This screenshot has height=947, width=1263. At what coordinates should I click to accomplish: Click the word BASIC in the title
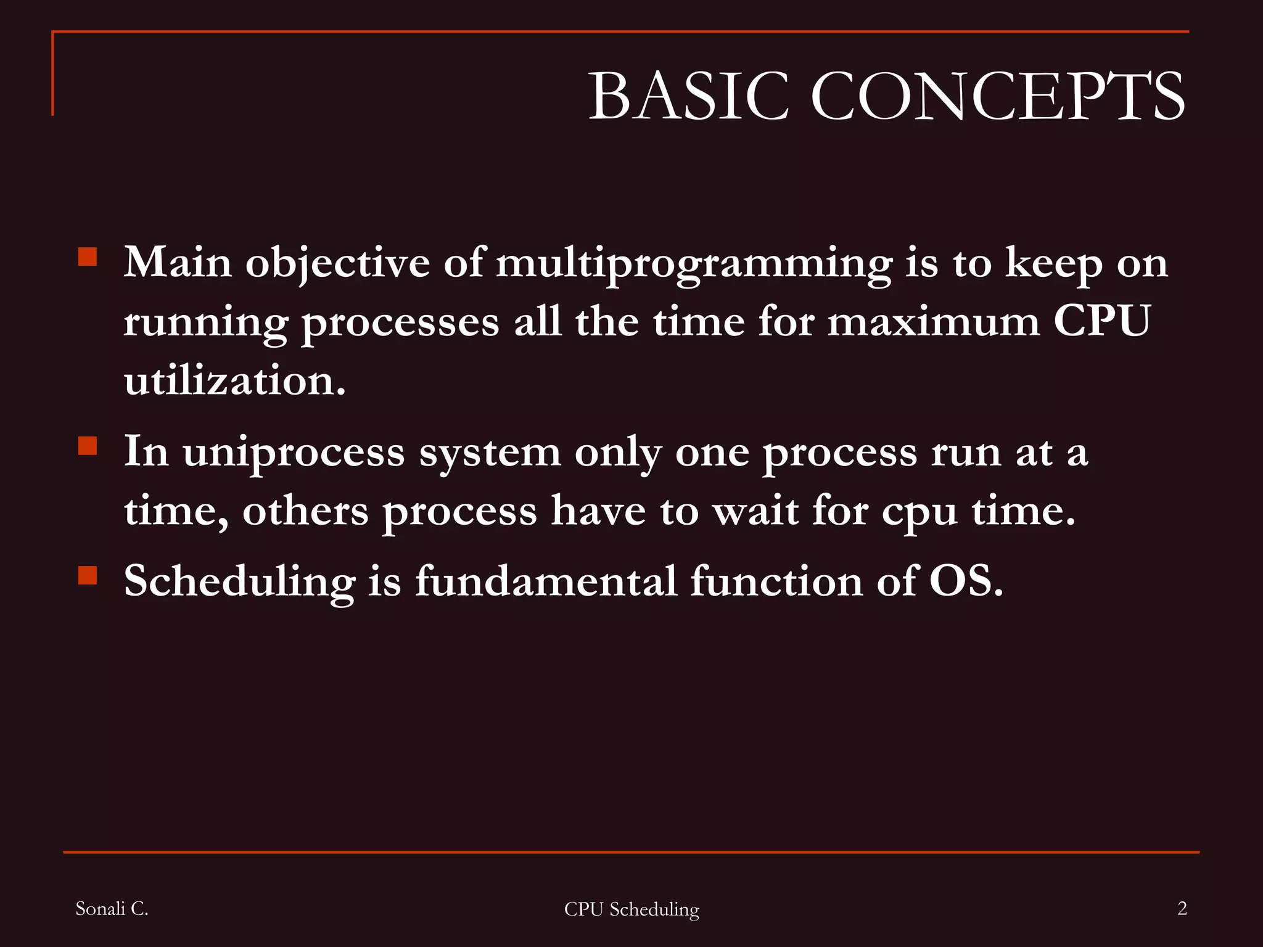click(688, 96)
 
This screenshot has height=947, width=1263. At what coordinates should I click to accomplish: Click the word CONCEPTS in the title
click(997, 96)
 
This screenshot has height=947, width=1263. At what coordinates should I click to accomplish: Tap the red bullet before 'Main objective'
click(88, 256)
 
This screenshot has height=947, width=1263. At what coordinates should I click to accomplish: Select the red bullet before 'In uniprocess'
click(88, 445)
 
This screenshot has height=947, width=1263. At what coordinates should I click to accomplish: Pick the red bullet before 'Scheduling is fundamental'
click(88, 575)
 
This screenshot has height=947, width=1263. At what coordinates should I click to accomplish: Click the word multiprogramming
click(694, 264)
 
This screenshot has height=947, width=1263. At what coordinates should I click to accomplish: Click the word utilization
click(234, 380)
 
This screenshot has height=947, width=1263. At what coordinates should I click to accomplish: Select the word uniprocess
click(294, 453)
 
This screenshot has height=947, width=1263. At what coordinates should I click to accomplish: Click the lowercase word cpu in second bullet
click(919, 513)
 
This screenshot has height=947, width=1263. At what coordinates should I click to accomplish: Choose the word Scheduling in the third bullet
click(239, 581)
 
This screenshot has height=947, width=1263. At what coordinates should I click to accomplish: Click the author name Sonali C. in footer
click(112, 908)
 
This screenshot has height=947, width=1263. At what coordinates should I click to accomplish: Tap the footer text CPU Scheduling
click(631, 909)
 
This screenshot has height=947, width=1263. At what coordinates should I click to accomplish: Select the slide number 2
click(1182, 908)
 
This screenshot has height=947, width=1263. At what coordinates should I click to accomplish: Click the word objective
click(337, 264)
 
